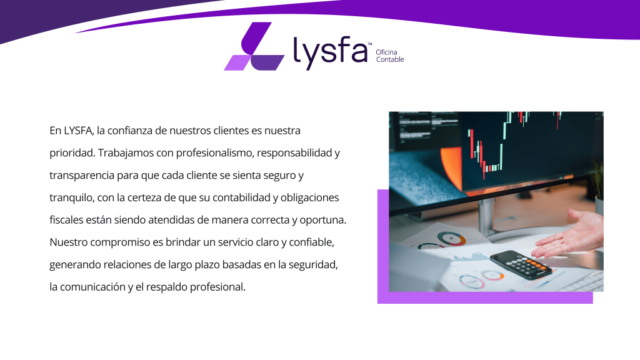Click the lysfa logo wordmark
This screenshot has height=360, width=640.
point(330,53)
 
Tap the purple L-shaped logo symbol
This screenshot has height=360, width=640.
point(254,46)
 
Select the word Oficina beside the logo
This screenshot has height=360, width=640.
point(386,52)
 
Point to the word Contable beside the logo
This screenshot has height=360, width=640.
point(390,59)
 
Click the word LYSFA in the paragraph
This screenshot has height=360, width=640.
point(79,131)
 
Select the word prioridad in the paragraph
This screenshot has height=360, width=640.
point(72,153)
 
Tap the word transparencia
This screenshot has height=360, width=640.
point(82,176)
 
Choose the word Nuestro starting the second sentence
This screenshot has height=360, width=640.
point(68,242)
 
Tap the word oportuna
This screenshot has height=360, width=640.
point(323,220)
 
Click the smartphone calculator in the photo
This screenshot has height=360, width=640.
point(521,264)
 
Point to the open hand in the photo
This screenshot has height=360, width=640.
point(571,235)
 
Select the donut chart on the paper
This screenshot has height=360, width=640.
point(451,238)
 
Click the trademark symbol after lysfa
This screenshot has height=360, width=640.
point(370,44)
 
